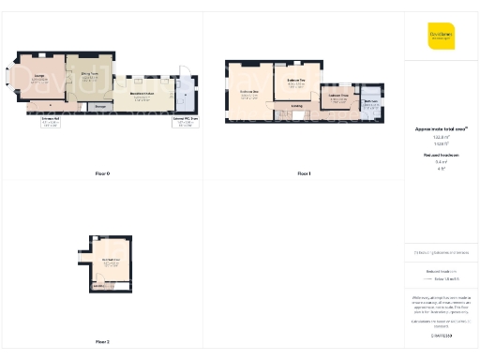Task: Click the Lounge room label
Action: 40,76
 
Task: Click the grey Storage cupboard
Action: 100,106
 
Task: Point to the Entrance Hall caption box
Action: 52,122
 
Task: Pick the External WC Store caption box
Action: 184,122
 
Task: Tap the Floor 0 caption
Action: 103,174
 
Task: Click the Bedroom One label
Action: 249,93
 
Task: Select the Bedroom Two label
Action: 291,82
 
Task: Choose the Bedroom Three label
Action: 338,97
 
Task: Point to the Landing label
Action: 296,106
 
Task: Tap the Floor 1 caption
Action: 304,174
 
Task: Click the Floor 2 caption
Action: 103,341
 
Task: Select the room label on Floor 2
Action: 111,261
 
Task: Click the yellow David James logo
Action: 441,36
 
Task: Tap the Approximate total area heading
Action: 441,128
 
